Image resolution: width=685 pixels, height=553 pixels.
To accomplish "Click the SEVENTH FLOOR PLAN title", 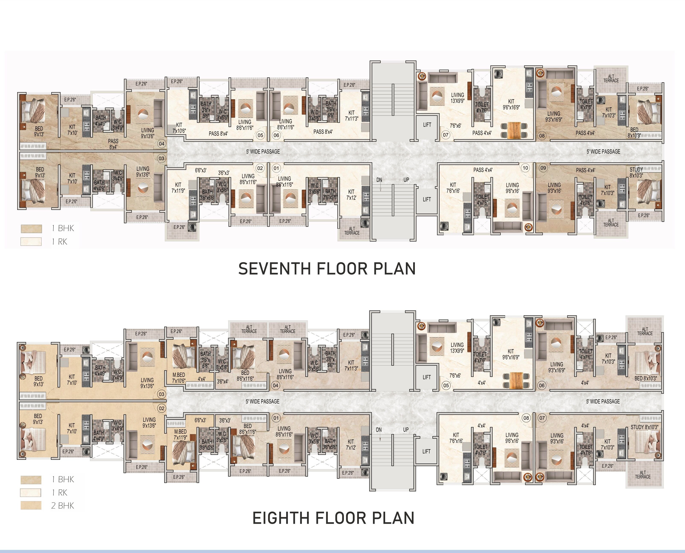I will pyautogui.click(x=327, y=268).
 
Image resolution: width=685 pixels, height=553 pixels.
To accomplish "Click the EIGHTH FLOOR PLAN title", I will pyautogui.click(x=333, y=518).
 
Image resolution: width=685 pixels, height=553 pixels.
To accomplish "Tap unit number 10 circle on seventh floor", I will pyautogui.click(x=525, y=168).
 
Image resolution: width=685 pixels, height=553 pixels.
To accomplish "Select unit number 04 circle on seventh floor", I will pyautogui.click(x=161, y=144).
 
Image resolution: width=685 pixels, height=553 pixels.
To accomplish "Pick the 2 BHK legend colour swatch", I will pyautogui.click(x=31, y=506).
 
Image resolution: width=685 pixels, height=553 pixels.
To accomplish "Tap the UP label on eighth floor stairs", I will pyautogui.click(x=406, y=430).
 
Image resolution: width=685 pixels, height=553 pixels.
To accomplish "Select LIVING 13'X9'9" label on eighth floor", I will pyautogui.click(x=457, y=348).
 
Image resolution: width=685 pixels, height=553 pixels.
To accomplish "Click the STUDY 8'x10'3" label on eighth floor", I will pyautogui.click(x=644, y=427).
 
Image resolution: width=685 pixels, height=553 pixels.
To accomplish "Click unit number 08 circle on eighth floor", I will pyautogui.click(x=526, y=418).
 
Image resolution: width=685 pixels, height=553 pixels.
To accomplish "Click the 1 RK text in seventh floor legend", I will pyautogui.click(x=60, y=242).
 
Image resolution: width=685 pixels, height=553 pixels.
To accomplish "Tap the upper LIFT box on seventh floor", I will pyautogui.click(x=427, y=125).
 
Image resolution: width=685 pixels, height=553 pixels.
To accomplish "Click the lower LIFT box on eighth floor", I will pyautogui.click(x=426, y=451).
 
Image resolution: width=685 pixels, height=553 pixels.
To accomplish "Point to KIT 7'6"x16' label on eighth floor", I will pyautogui.click(x=456, y=438).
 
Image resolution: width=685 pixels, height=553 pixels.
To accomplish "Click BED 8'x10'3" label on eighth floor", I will pyautogui.click(x=645, y=378).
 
